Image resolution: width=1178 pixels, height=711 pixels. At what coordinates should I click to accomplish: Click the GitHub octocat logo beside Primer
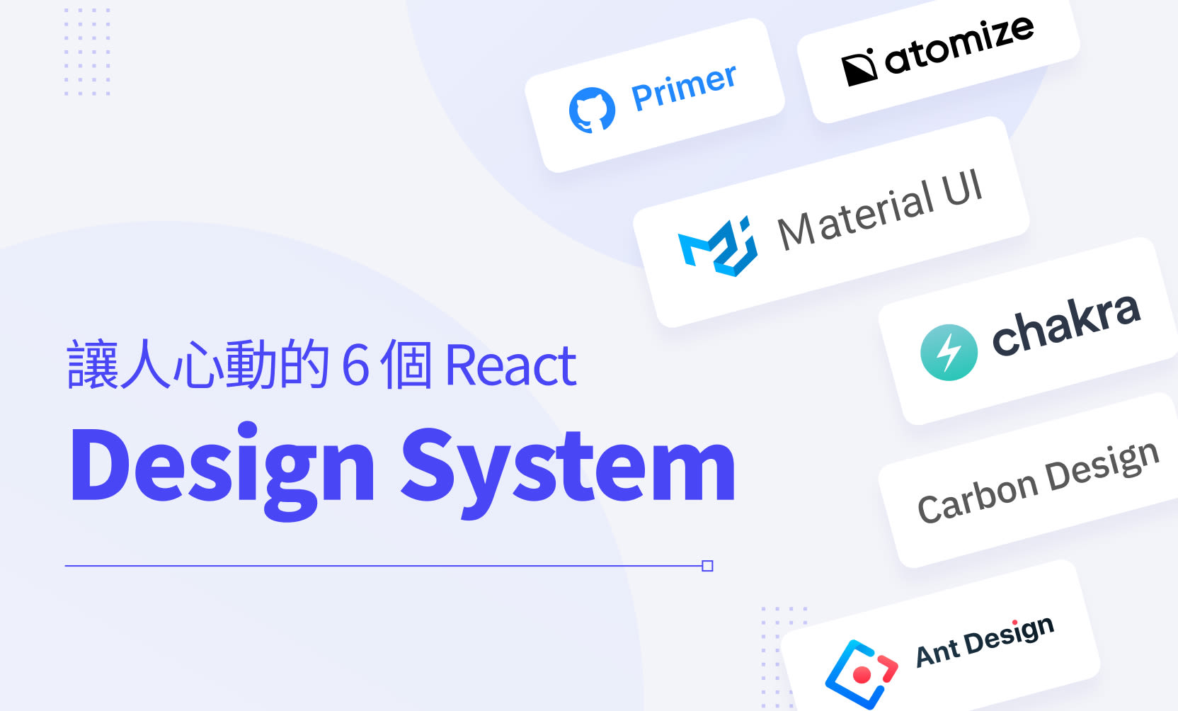[x=592, y=110]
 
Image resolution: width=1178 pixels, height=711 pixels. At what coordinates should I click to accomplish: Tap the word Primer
[x=684, y=87]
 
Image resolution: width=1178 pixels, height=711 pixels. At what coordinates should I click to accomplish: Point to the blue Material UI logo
[x=718, y=246]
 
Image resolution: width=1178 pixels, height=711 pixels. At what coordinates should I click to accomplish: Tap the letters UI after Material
[x=962, y=188]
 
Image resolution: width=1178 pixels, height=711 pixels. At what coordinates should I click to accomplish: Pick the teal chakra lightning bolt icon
[x=949, y=352]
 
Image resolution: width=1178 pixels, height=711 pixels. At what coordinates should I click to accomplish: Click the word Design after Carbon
[x=1103, y=467]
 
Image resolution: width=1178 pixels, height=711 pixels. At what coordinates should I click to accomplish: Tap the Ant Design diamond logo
[x=861, y=673]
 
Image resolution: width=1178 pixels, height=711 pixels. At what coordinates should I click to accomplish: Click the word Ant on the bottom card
[x=938, y=652]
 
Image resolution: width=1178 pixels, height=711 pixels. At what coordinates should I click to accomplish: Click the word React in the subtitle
[x=510, y=365]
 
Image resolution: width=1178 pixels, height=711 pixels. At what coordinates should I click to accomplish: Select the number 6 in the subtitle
[x=355, y=365]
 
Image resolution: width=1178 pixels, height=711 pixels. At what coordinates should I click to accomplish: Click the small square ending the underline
[x=707, y=566]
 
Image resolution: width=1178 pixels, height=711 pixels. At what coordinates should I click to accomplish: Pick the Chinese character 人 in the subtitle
[x=146, y=365]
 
